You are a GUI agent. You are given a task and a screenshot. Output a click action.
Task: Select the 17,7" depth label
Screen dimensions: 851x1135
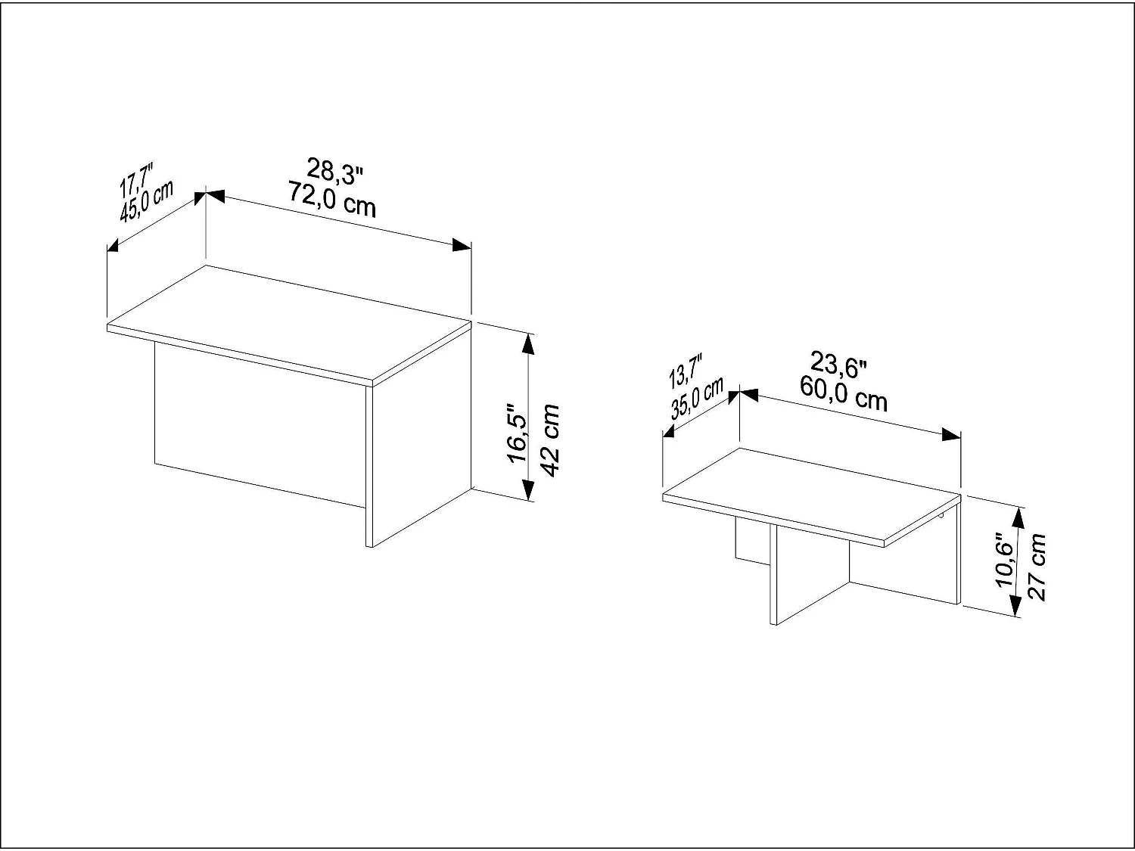137,177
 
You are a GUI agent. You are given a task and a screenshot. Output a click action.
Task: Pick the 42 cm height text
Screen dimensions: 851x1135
550,439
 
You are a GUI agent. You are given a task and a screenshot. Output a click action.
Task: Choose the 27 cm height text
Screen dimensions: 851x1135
1037,567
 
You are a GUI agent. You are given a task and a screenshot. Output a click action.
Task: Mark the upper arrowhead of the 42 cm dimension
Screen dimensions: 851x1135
528,344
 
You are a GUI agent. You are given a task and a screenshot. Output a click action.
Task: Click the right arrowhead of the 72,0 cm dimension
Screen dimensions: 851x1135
462,244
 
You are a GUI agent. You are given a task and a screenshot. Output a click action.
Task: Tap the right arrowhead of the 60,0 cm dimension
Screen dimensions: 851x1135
951,434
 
